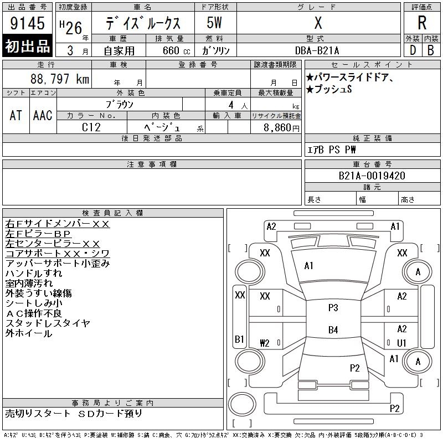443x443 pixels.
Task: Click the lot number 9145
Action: click(27, 23)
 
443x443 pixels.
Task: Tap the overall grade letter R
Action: click(422, 23)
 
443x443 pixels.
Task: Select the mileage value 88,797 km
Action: click(60, 79)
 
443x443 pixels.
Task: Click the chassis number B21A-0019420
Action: click(372, 176)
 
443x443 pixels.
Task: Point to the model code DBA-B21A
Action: click(317, 50)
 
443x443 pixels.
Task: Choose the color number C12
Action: click(91, 127)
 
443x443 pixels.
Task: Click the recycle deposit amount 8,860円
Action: click(281, 128)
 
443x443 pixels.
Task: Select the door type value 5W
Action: click(214, 23)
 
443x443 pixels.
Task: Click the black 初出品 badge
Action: click(27, 46)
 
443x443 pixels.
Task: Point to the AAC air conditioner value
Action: click(43, 115)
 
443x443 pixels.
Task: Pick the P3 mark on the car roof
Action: click(333, 307)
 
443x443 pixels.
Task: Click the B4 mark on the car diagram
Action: click(333, 329)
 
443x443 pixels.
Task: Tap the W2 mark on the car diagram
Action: click(265, 343)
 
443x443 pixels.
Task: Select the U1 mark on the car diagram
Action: click(401, 343)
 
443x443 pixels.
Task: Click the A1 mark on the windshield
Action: click(308, 266)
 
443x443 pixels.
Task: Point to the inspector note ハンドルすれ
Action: click(34, 273)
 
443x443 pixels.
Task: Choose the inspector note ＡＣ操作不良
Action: click(34, 313)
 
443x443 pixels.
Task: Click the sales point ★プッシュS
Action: click(329, 89)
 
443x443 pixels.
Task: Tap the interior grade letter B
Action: click(431, 50)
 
